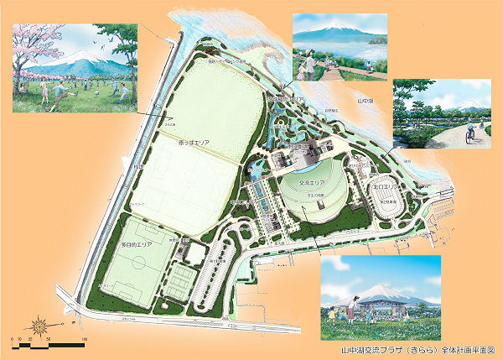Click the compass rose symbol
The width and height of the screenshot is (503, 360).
(40, 324)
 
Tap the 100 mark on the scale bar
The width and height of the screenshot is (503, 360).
(85, 339)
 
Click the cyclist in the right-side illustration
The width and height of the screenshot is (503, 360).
(469, 133)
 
